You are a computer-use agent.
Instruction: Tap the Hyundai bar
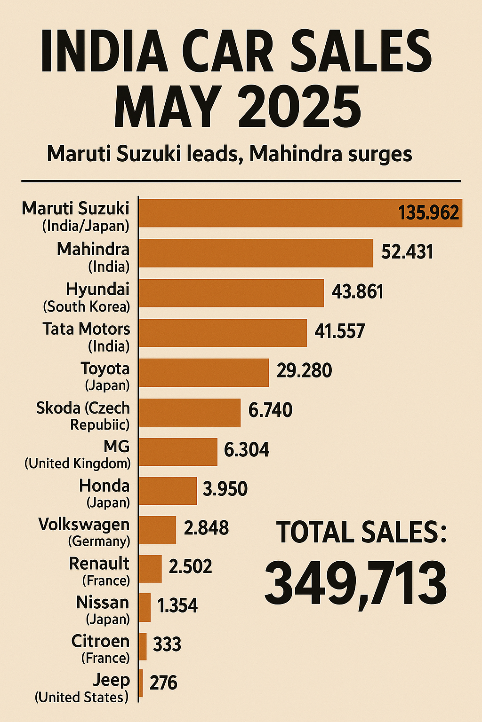[231, 293]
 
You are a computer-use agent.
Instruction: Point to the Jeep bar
[141, 683]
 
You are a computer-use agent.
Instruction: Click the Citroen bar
[143, 646]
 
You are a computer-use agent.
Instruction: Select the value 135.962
[428, 213]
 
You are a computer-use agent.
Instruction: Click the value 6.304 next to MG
[247, 450]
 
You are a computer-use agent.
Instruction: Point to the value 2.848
[206, 528]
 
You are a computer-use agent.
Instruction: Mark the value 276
[163, 683]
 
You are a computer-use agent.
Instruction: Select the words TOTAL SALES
[361, 533]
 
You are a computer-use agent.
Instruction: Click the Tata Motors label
[86, 329]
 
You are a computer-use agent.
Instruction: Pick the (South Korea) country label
[87, 307]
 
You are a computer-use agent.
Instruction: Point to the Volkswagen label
[84, 524]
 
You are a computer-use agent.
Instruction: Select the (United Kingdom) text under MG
[78, 463]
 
